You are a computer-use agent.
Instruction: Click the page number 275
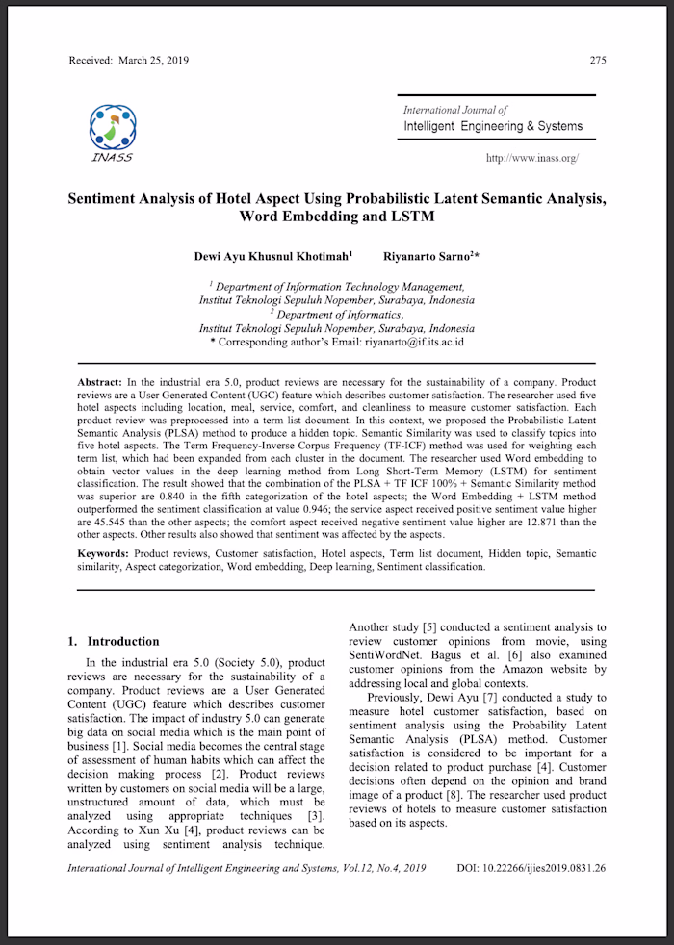598,61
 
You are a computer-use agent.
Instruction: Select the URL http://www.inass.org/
531,158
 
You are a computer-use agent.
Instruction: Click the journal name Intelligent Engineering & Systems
493,126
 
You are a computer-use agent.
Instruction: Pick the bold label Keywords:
103,554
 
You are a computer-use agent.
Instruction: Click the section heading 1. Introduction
113,641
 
